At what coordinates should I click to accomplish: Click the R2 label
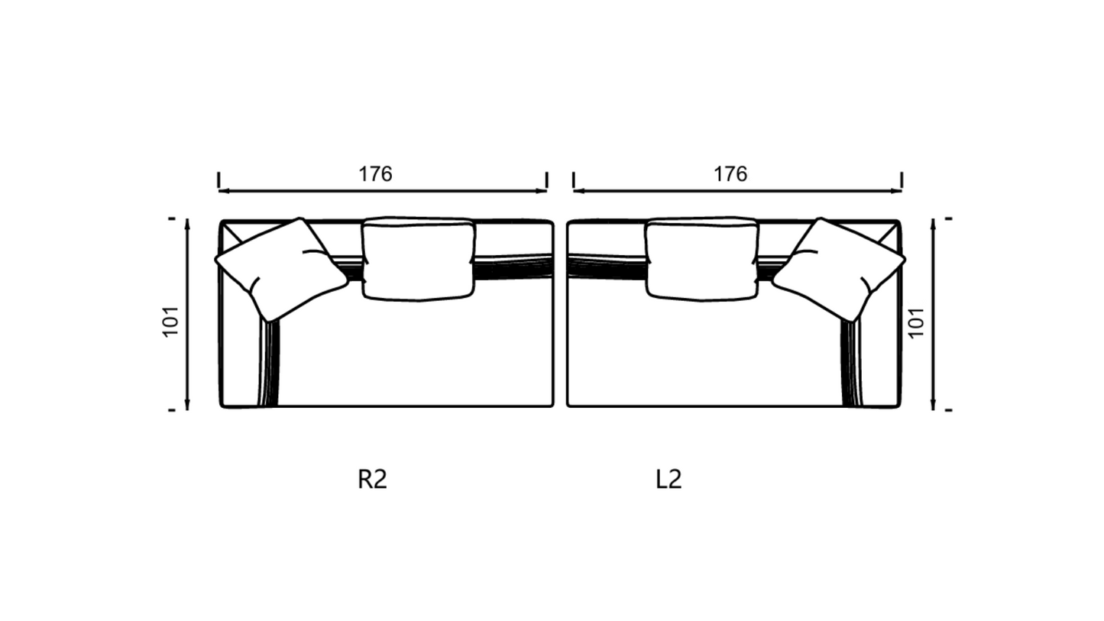(372, 479)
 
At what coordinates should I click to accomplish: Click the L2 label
(669, 479)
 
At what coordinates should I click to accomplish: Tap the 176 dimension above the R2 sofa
(375, 174)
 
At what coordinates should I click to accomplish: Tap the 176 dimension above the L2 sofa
(730, 174)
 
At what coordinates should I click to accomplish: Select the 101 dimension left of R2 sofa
(170, 322)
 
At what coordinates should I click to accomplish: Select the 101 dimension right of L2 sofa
(916, 323)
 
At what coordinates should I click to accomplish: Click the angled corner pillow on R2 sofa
(281, 270)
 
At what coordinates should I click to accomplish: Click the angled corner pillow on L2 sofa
(839, 270)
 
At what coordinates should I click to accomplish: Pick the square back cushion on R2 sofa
(419, 258)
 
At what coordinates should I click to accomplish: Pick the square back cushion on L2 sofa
(702, 258)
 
